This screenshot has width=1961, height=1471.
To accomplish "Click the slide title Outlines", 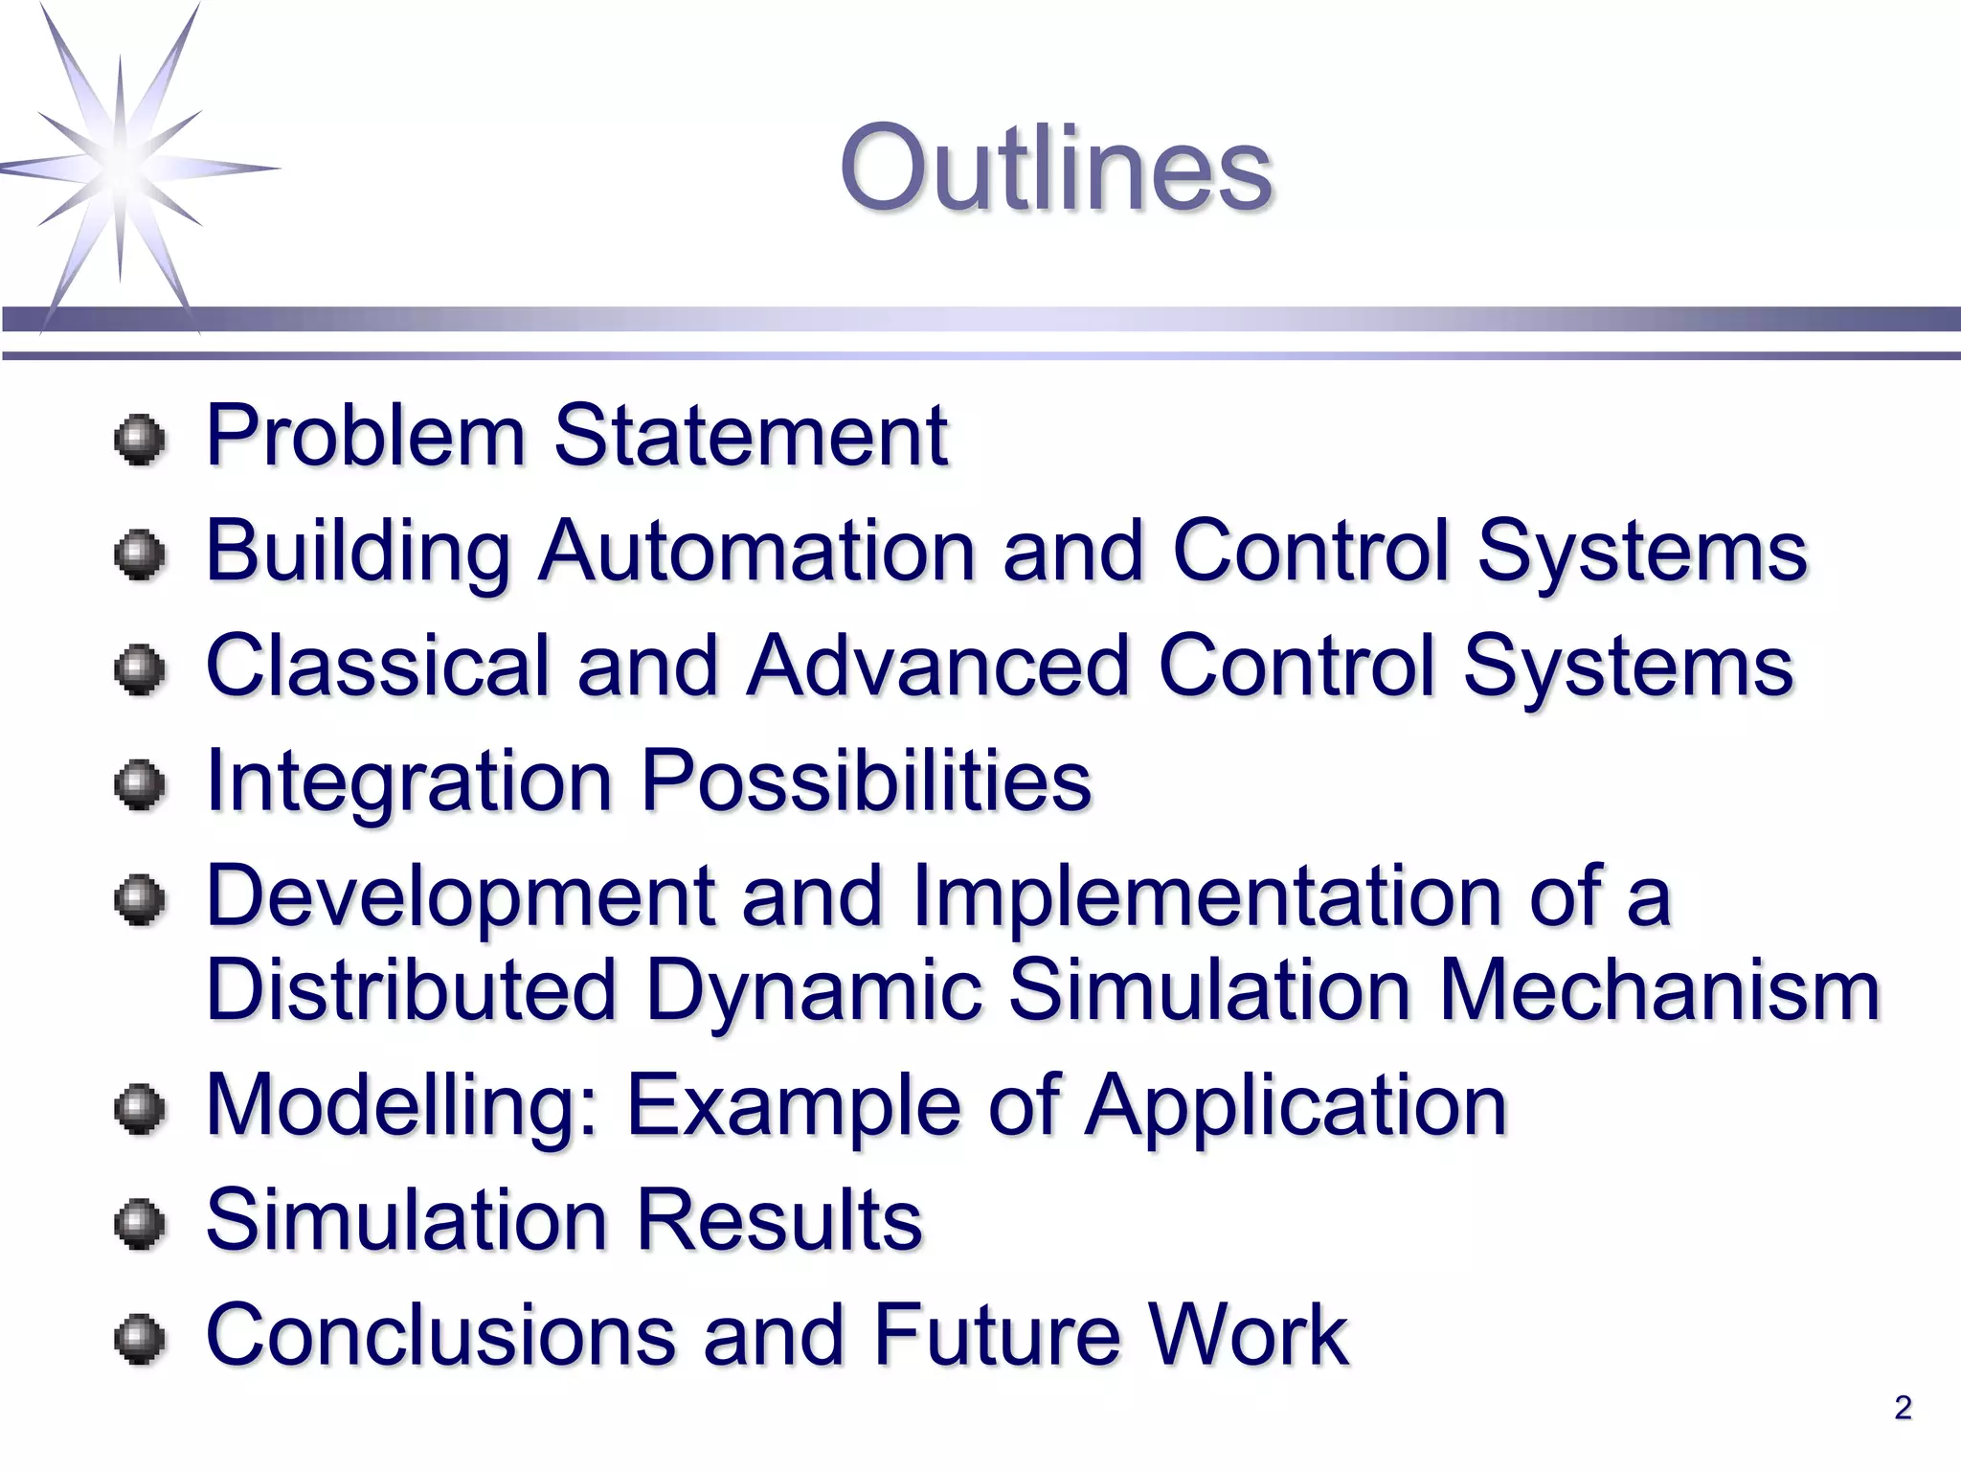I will click(1055, 170).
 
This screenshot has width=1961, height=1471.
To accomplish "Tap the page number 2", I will click(1903, 1407).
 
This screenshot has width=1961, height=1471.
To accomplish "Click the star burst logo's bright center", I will click(122, 169).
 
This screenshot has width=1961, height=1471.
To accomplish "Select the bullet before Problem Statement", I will click(140, 441).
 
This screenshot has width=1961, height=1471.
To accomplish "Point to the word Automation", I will click(755, 551).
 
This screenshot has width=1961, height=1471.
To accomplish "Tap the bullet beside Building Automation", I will click(140, 554).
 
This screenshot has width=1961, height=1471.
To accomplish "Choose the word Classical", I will click(377, 666).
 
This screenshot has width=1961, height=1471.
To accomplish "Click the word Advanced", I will click(937, 666).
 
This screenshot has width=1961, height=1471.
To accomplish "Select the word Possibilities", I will click(866, 781).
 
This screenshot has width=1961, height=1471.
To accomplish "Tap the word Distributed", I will click(411, 990).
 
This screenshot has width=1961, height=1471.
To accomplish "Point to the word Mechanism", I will click(1659, 990).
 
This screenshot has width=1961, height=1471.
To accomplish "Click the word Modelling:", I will click(403, 1106).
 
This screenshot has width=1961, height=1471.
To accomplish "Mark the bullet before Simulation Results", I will click(140, 1225).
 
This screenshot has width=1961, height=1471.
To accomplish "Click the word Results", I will click(778, 1220).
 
